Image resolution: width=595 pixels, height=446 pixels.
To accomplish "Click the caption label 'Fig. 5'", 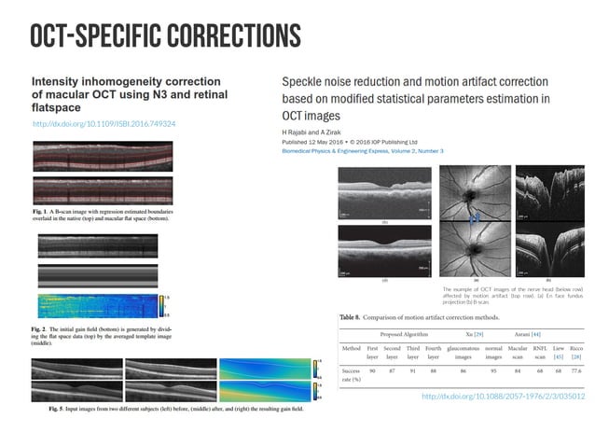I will point(44,409).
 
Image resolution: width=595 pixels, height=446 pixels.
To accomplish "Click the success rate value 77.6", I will point(575,370).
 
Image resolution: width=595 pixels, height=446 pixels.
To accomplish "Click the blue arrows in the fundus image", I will point(475,219).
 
